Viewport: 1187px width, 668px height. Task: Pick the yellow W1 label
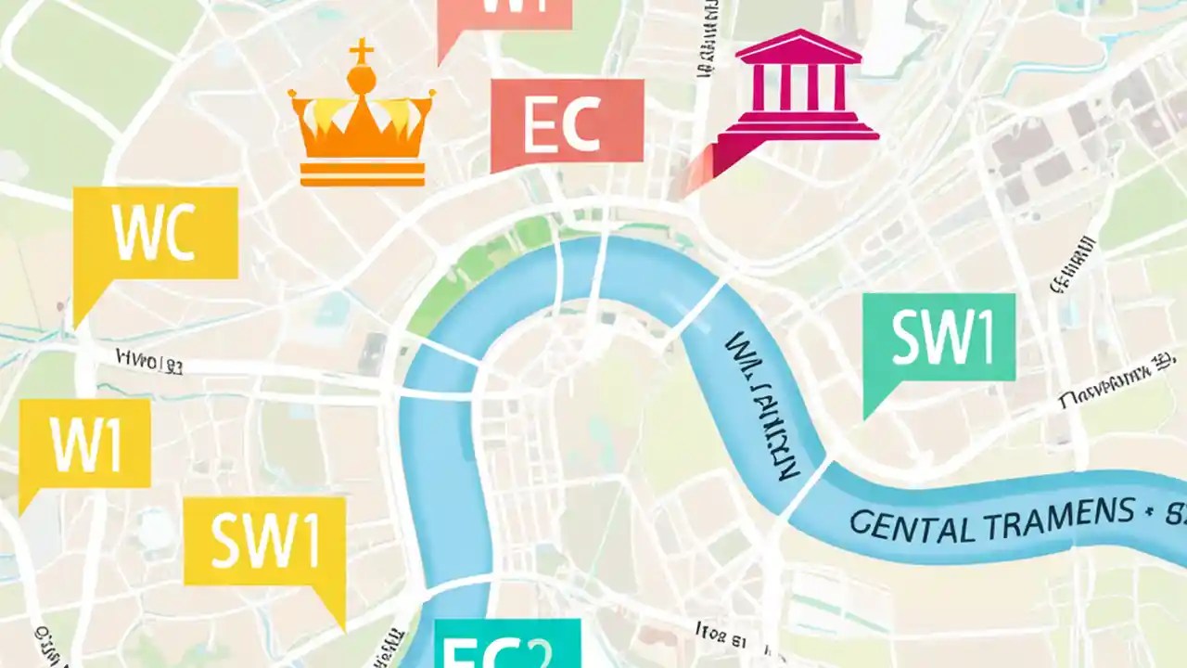[x=84, y=444]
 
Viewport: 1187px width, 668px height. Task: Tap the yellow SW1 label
[x=264, y=542]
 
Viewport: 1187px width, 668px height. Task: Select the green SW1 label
[x=938, y=338]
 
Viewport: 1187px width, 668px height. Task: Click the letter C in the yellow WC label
[x=177, y=236]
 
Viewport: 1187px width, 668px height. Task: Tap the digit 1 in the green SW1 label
[x=981, y=338]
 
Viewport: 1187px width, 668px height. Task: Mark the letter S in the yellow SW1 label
[x=225, y=543]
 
